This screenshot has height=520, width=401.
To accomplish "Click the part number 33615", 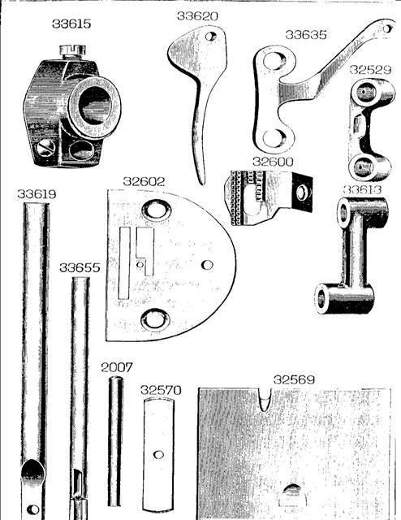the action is [x=71, y=24].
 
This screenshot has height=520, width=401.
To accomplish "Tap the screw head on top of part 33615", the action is [x=72, y=50].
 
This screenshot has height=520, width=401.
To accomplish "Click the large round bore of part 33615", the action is [x=95, y=106].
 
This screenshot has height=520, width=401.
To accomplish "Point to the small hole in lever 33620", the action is [x=211, y=36].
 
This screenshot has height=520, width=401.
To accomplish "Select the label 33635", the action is [x=306, y=35].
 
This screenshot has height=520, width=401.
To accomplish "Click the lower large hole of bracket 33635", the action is [x=274, y=138].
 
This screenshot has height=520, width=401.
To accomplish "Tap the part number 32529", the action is [x=370, y=70].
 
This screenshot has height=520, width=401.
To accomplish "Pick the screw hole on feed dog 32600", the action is [x=302, y=193].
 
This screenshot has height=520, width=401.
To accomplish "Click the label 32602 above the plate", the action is [x=144, y=181].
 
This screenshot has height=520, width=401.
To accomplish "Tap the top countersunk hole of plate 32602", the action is [x=157, y=210].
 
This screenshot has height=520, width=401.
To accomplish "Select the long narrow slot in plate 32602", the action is [x=125, y=263].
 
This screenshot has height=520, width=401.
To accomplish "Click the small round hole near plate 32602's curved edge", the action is [x=208, y=265].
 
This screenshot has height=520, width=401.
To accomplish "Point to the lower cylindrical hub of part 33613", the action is [x=345, y=299].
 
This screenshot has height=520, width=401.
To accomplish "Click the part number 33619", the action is [x=37, y=194].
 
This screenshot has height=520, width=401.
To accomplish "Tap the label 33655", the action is [x=80, y=267].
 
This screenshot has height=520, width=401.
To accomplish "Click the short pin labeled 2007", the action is [x=115, y=441].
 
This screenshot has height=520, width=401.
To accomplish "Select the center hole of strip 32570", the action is [x=159, y=454].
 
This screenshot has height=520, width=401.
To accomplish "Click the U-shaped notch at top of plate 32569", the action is [x=264, y=400].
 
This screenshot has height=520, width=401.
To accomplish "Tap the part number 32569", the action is [x=294, y=379].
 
